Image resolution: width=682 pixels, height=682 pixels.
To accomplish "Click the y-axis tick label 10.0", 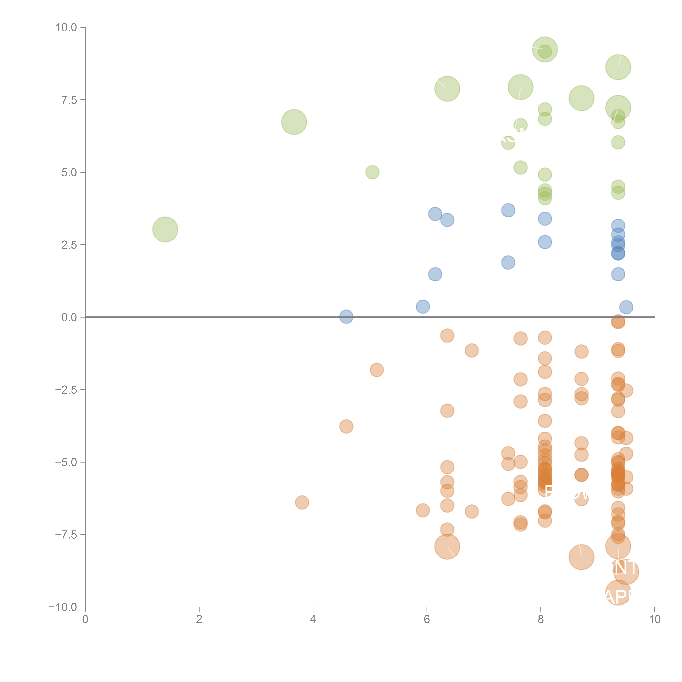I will coord(66,28).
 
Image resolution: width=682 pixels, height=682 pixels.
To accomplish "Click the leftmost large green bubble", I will coord(165,229).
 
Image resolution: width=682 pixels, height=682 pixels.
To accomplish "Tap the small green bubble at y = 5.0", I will coord(372,172).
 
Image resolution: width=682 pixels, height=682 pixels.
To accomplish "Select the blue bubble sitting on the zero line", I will coord(346,317).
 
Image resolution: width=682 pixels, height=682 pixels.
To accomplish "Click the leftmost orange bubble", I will coord(302,502).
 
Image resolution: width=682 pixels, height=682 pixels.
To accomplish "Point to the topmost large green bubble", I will coord(545,49).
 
